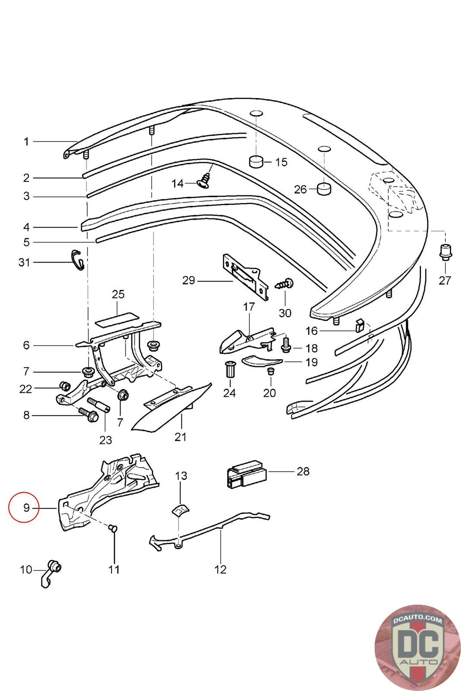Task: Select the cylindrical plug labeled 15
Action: [256, 162]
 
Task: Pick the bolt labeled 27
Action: [445, 252]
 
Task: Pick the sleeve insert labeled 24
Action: [229, 370]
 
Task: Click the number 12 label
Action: [220, 570]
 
